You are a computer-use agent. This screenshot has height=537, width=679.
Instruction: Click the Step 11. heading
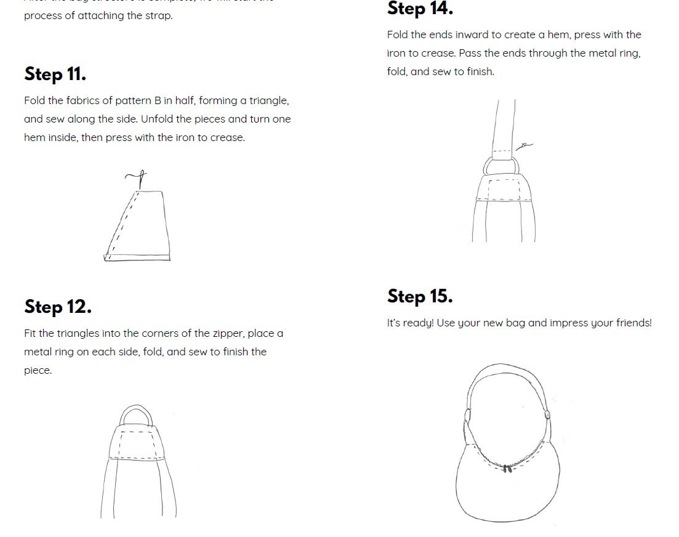55,74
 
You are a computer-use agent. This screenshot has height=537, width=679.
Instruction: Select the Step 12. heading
58,307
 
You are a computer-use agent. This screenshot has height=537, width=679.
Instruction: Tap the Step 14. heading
420,9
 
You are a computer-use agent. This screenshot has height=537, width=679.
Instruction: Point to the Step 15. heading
420,297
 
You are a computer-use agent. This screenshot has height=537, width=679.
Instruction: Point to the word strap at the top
159,16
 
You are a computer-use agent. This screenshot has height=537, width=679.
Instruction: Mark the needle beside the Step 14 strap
524,146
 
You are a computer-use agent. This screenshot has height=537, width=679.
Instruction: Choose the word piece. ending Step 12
38,371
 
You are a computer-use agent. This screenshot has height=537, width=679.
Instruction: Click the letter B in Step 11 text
158,100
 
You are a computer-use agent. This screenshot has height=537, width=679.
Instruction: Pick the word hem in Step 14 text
571,34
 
